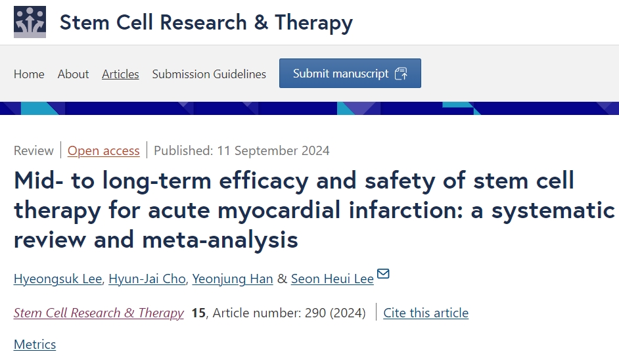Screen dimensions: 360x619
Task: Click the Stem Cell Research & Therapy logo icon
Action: [30, 22]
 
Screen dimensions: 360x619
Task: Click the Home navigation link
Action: [29, 74]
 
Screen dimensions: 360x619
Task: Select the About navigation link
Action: [73, 74]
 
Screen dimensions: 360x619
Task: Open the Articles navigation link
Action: [120, 74]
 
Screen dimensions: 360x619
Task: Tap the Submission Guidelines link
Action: [209, 74]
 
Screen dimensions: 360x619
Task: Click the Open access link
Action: [104, 150]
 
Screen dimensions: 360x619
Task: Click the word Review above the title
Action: [34, 150]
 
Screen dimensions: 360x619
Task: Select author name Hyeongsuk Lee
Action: [58, 279]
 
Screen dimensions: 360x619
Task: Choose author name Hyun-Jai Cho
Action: [147, 279]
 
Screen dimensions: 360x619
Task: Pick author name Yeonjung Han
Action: [233, 279]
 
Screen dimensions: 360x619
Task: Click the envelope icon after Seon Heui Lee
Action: [383, 274]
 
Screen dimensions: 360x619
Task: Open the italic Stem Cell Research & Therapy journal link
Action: [99, 313]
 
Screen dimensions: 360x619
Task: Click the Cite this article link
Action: [426, 313]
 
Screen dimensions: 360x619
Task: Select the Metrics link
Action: [35, 344]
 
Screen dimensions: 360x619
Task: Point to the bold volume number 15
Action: [198, 313]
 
